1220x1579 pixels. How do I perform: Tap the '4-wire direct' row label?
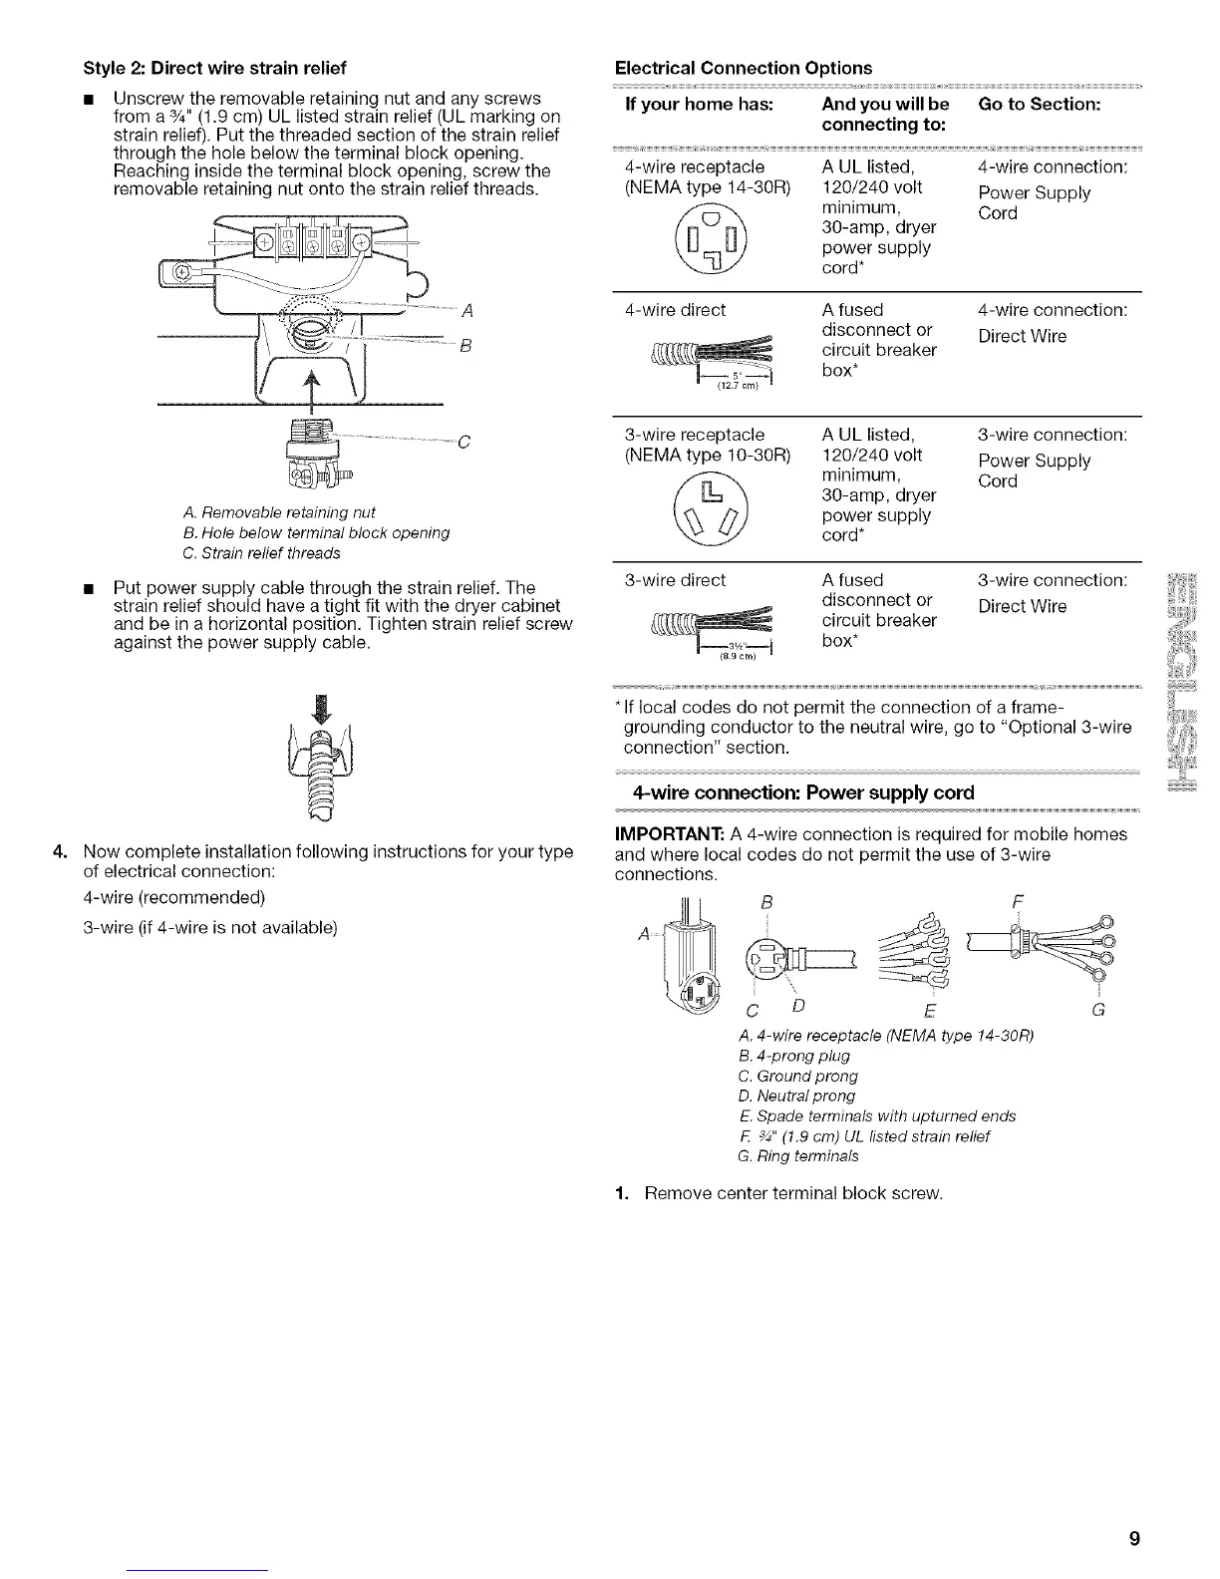[x=675, y=310]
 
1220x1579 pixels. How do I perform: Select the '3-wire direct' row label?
[x=675, y=580]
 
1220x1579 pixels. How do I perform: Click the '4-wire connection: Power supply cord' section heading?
[x=803, y=793]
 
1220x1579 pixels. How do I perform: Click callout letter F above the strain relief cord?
[x=1017, y=902]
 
